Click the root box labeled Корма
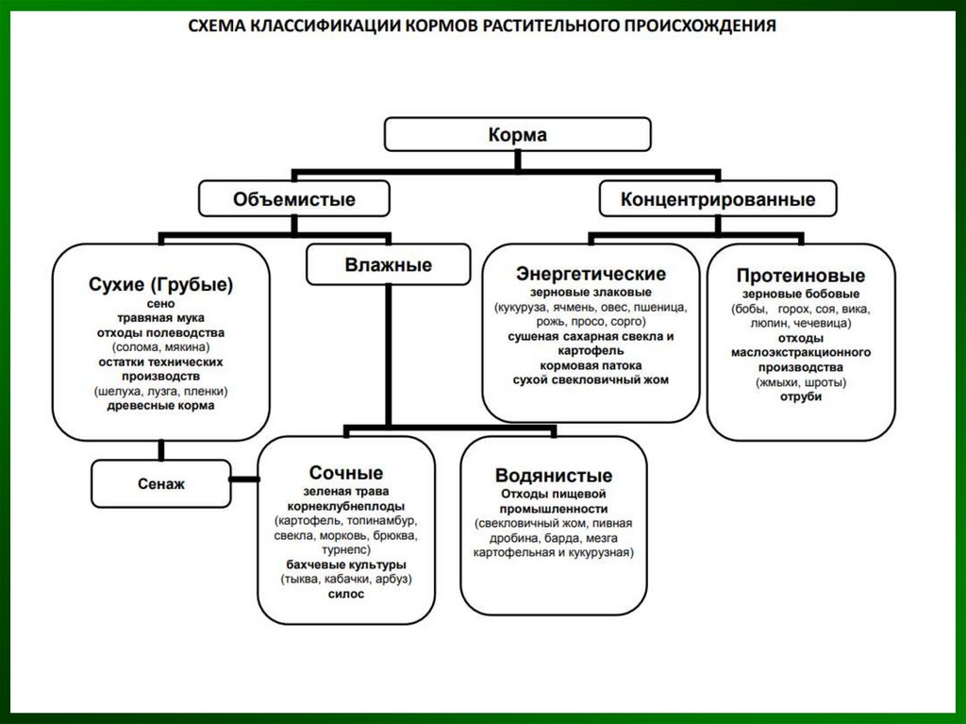tap(517, 134)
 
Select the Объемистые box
tap(294, 199)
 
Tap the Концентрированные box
tap(718, 199)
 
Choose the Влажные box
tap(388, 264)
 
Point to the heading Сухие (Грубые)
tap(160, 284)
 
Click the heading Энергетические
tap(591, 274)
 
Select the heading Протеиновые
tap(800, 276)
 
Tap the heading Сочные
tap(346, 473)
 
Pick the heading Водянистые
tap(554, 475)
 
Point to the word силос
tap(346, 594)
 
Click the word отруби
tap(800, 396)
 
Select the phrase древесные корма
tap(160, 405)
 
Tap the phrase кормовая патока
tap(591, 364)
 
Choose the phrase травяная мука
tap(160, 318)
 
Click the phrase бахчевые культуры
tap(346, 564)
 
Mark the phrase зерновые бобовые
tap(800, 294)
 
